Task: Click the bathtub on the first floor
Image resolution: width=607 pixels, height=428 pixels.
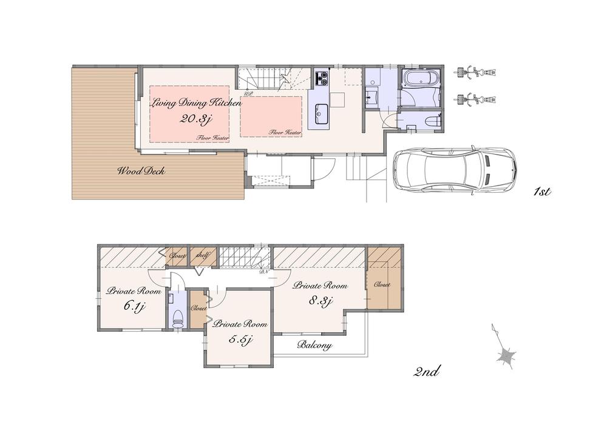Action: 420,80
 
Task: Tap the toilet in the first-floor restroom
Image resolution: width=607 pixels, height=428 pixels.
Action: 432,122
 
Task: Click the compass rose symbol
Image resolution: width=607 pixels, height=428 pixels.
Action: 506,353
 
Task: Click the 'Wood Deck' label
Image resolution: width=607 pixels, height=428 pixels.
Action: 141,171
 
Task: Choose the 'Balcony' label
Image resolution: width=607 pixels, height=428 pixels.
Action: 314,346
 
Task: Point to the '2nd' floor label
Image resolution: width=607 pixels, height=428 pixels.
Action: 426,372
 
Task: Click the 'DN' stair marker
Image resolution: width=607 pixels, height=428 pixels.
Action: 264,272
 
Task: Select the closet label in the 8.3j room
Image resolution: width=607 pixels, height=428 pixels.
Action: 382,284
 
